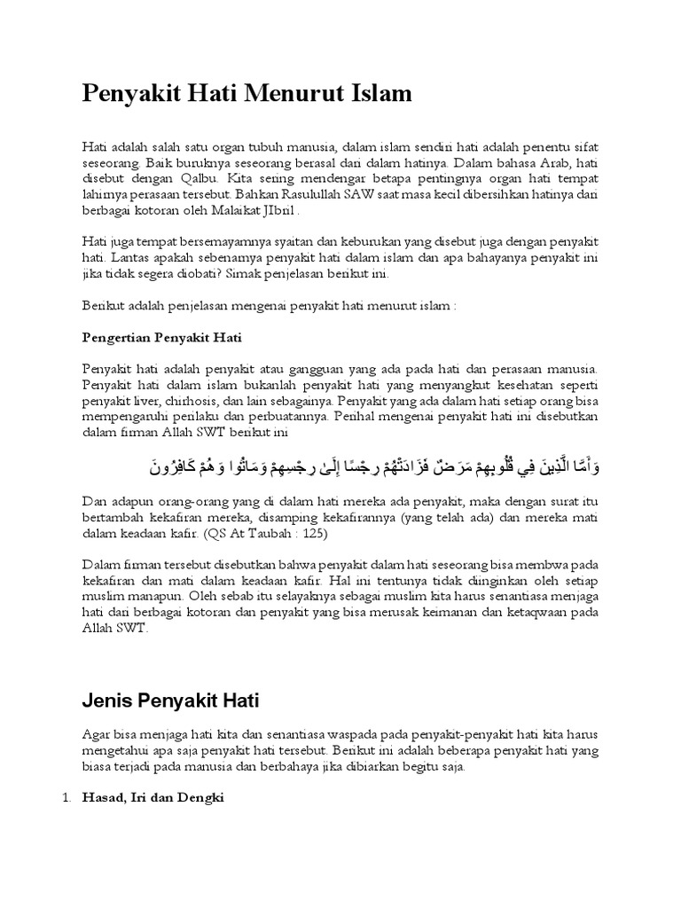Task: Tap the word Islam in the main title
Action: tap(380, 94)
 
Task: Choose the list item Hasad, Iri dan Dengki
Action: tap(153, 799)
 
